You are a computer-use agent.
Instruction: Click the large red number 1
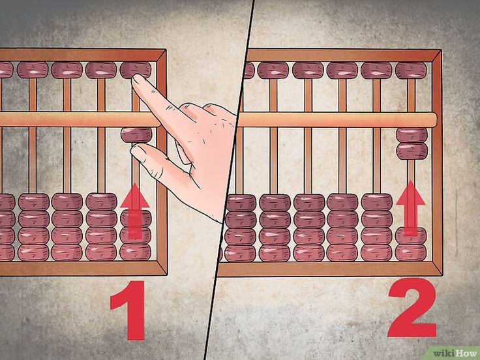(130, 310)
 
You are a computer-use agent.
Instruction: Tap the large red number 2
(412, 307)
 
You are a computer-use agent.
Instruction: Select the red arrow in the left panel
(135, 211)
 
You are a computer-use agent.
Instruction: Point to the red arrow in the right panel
(410, 208)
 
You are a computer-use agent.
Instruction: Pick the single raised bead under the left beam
(136, 135)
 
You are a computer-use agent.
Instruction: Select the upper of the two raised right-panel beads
(412, 135)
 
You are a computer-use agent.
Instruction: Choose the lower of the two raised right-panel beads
(412, 151)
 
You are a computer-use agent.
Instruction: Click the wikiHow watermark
(456, 353)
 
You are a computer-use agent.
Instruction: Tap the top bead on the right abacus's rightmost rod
(410, 70)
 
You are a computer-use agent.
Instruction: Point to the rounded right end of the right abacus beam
(435, 120)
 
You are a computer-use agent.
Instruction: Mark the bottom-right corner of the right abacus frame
(442, 276)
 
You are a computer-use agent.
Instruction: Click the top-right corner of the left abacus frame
(166, 50)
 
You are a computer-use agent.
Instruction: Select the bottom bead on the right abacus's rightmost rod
(410, 252)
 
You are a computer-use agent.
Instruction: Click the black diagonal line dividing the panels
(230, 180)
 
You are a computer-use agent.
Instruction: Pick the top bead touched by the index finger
(136, 70)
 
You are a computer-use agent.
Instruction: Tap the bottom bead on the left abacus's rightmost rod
(135, 252)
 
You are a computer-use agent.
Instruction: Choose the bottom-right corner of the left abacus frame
(167, 275)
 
